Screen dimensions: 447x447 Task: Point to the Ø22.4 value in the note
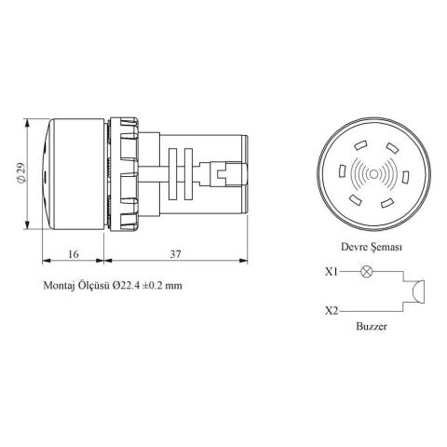[x=129, y=287]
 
